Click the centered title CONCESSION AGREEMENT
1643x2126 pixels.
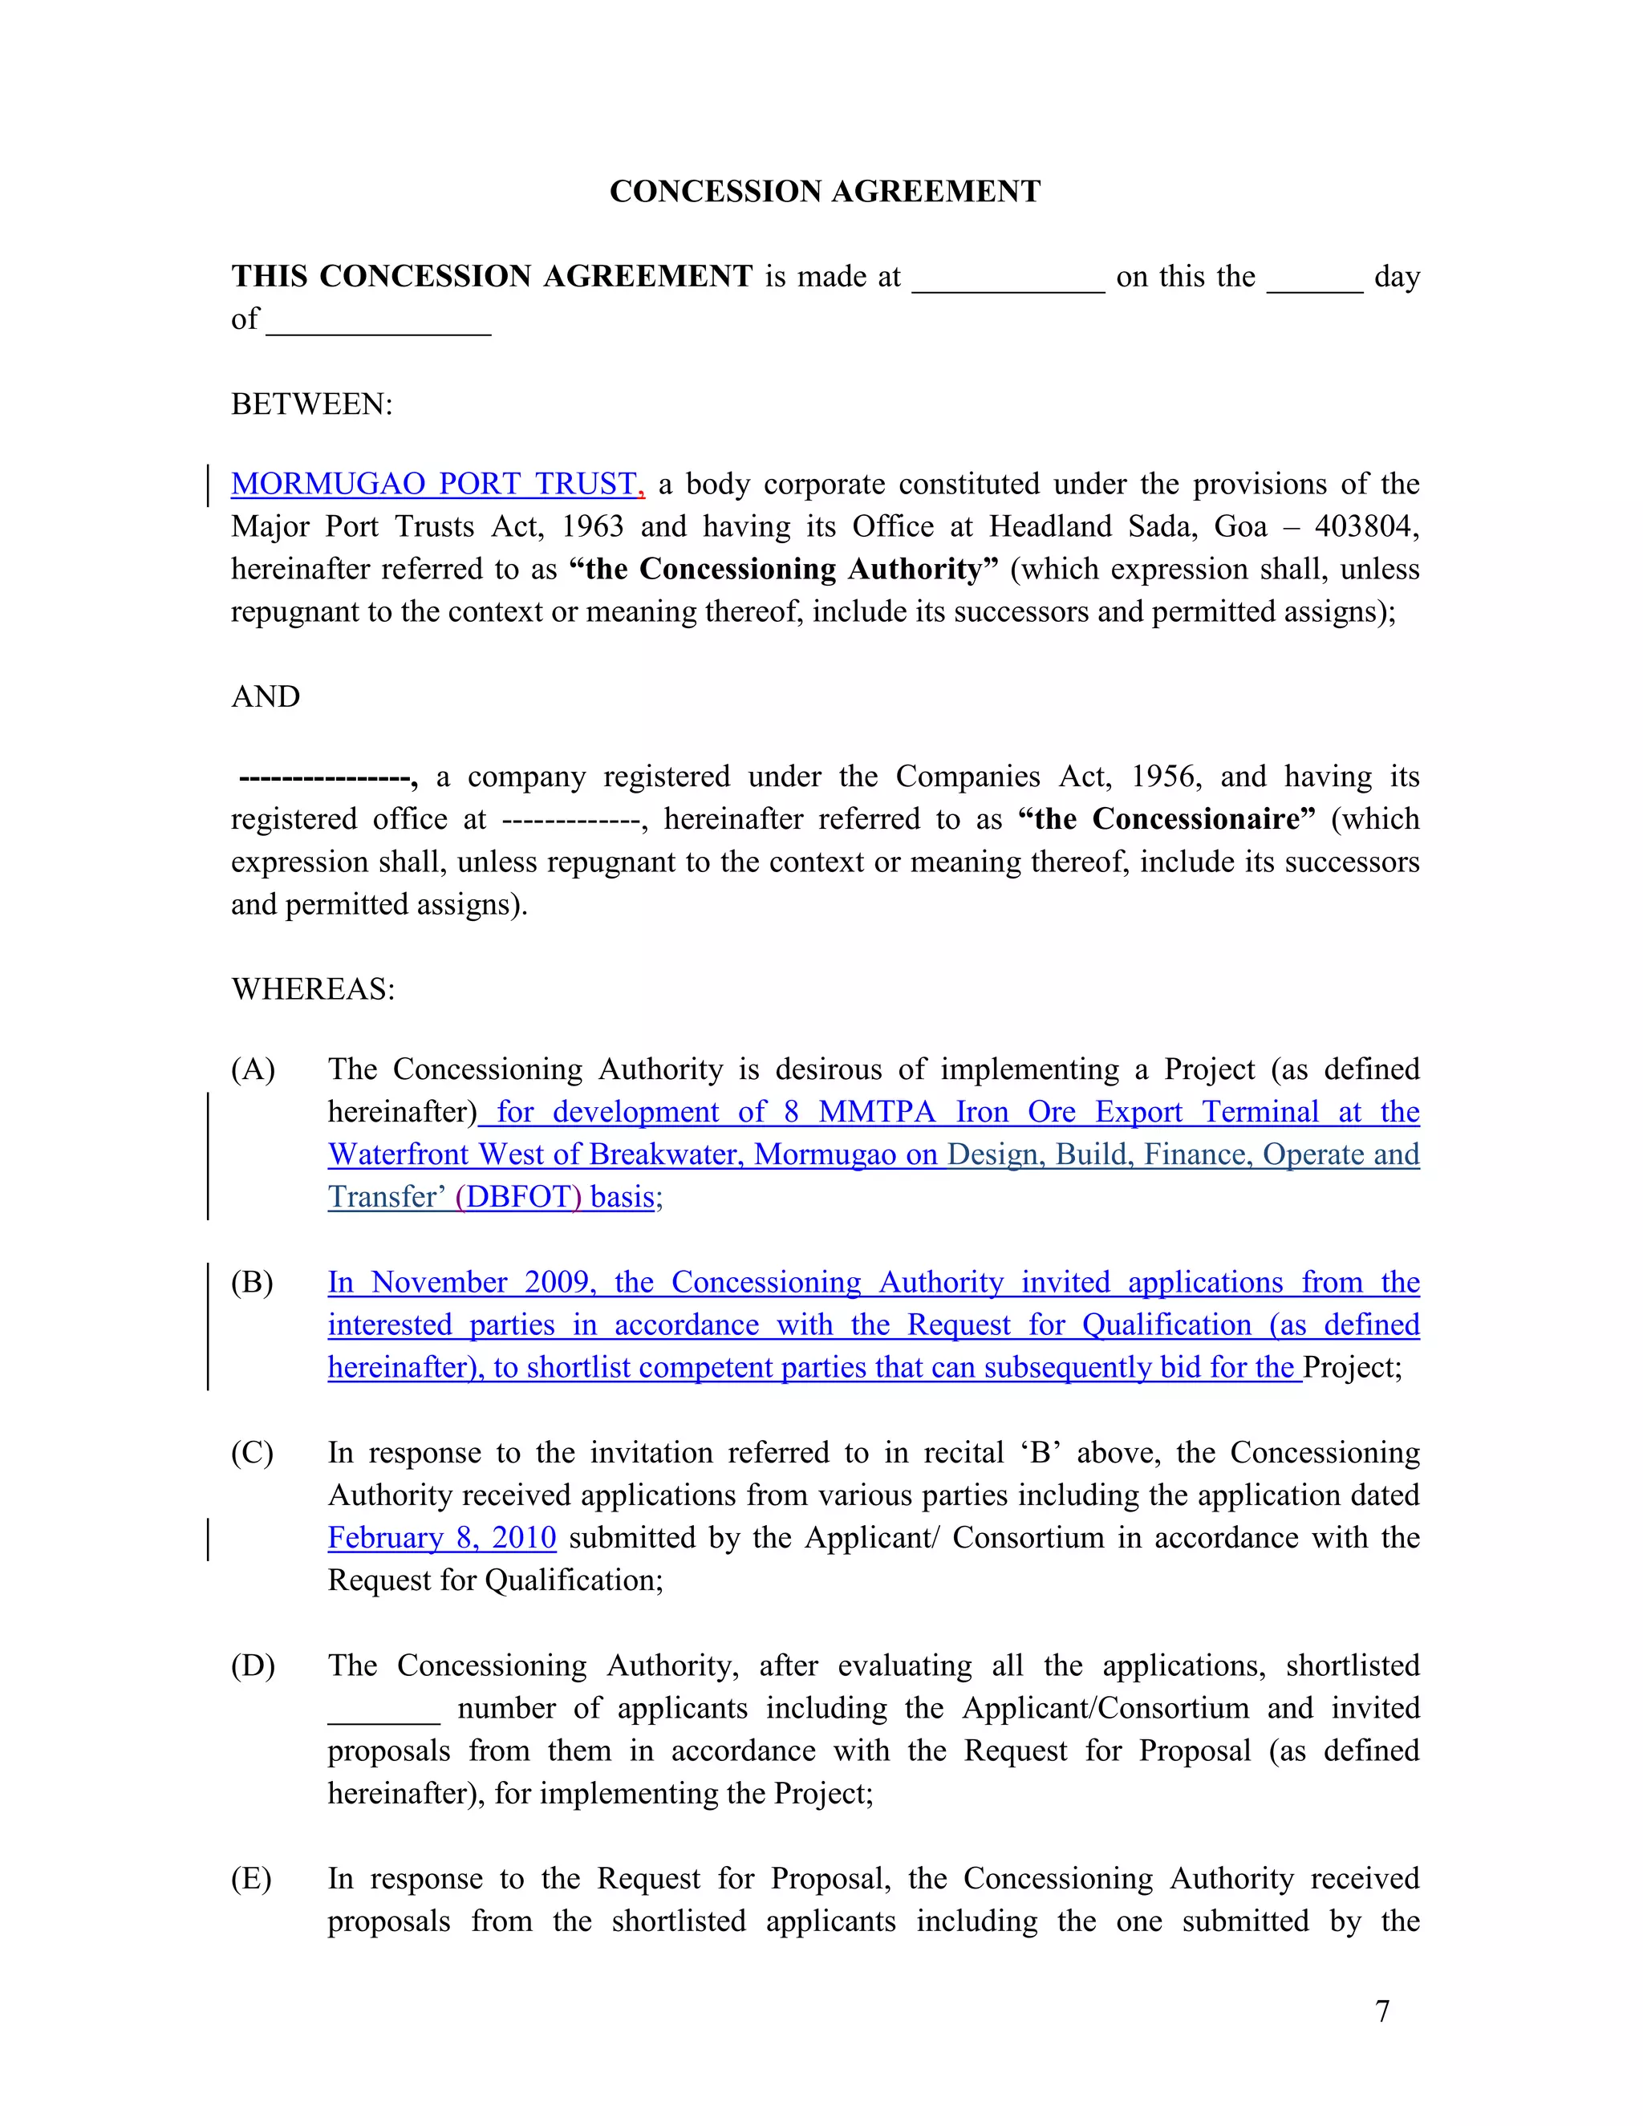(x=825, y=191)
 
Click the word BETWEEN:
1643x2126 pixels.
(x=311, y=404)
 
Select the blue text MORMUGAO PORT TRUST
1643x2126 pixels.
(x=434, y=484)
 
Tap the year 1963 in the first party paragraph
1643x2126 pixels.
(x=592, y=526)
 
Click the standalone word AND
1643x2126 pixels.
(x=266, y=697)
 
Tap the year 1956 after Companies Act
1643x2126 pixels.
(x=1166, y=777)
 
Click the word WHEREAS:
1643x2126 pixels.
(x=312, y=990)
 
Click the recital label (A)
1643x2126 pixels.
(x=253, y=1069)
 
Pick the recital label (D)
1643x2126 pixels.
(x=253, y=1666)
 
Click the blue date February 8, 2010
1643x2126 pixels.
(x=442, y=1538)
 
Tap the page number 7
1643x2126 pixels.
(x=1382, y=2011)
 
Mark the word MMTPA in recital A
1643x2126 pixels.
(x=876, y=1113)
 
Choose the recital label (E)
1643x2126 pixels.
(x=251, y=1879)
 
